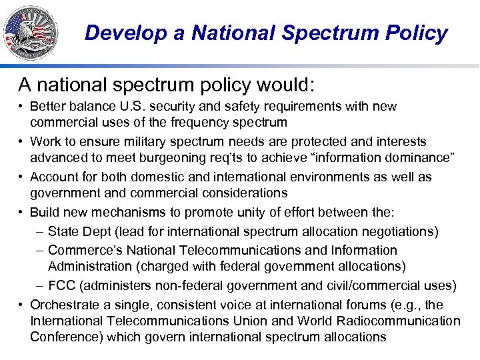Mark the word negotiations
tap(400, 231)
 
